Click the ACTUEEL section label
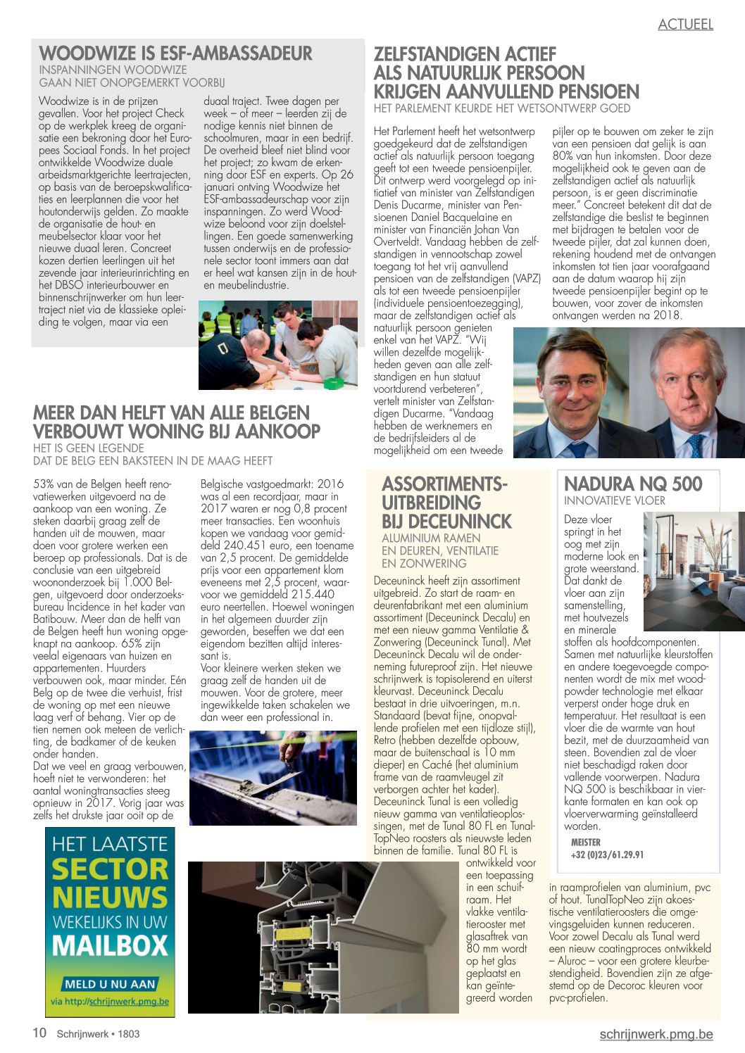(x=685, y=25)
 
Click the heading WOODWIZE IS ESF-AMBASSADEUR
(x=175, y=53)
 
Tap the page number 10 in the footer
(x=40, y=1033)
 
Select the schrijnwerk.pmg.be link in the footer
(x=656, y=1033)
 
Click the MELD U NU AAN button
(x=110, y=983)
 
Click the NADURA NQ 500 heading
(x=633, y=484)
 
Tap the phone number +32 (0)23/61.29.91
(x=606, y=855)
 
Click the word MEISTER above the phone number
(x=585, y=843)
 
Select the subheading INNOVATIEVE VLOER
(x=614, y=501)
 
